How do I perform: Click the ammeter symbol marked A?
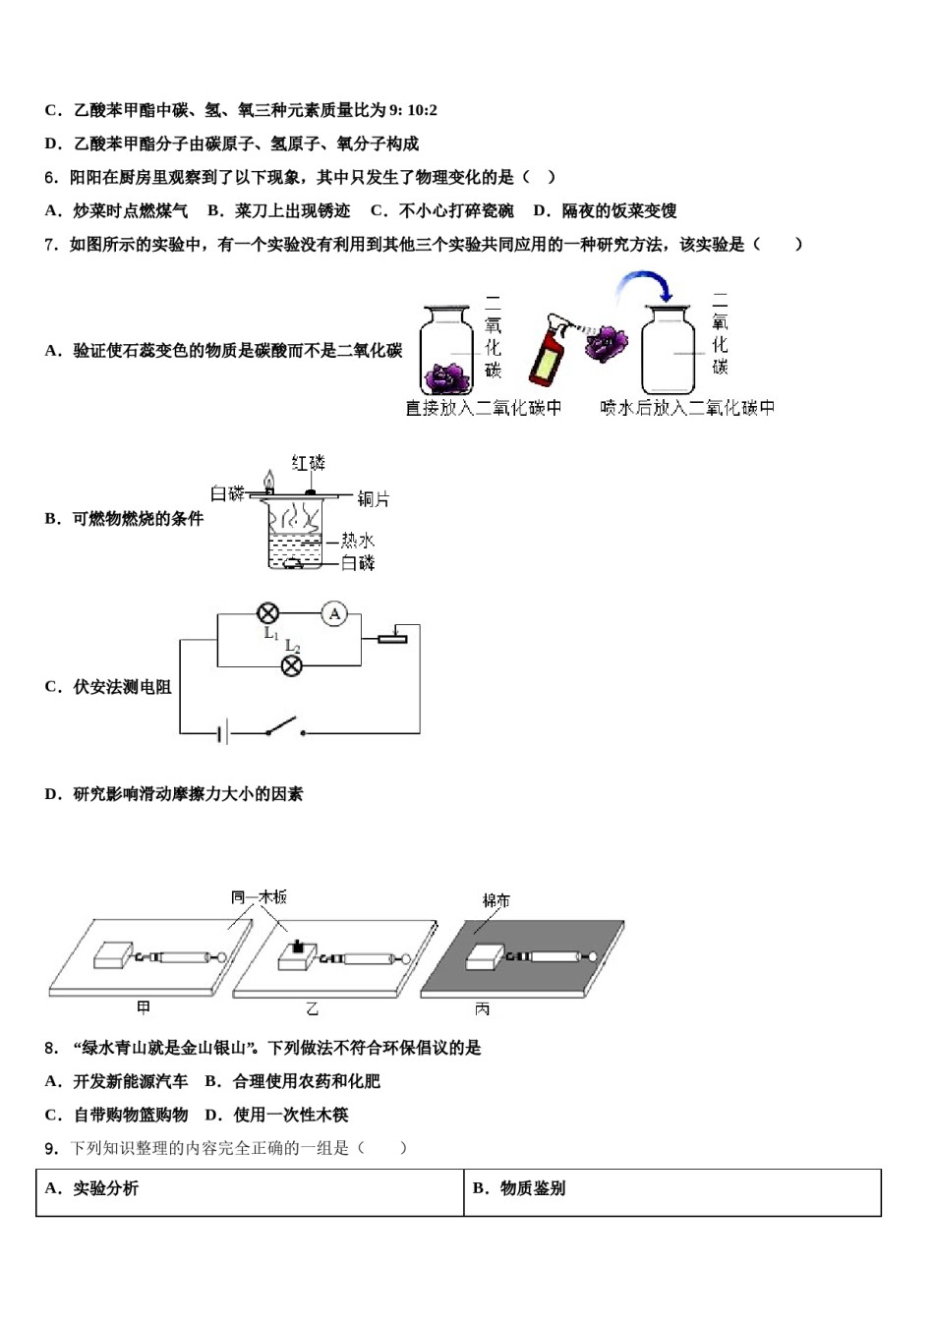point(335,614)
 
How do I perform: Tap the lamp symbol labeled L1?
point(266,614)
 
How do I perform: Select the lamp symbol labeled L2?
point(292,666)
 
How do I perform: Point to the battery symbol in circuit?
point(224,732)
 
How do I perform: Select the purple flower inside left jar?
point(448,375)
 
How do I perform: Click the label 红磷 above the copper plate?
point(309,463)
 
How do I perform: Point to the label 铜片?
point(374,499)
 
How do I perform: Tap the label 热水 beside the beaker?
point(357,541)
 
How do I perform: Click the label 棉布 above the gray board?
point(496,900)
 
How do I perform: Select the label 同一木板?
point(259,896)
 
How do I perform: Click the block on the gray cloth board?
point(486,956)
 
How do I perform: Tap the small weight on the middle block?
point(299,948)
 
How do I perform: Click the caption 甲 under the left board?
point(144,1007)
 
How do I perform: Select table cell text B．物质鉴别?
point(519,1188)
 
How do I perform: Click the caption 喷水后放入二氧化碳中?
point(687,407)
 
